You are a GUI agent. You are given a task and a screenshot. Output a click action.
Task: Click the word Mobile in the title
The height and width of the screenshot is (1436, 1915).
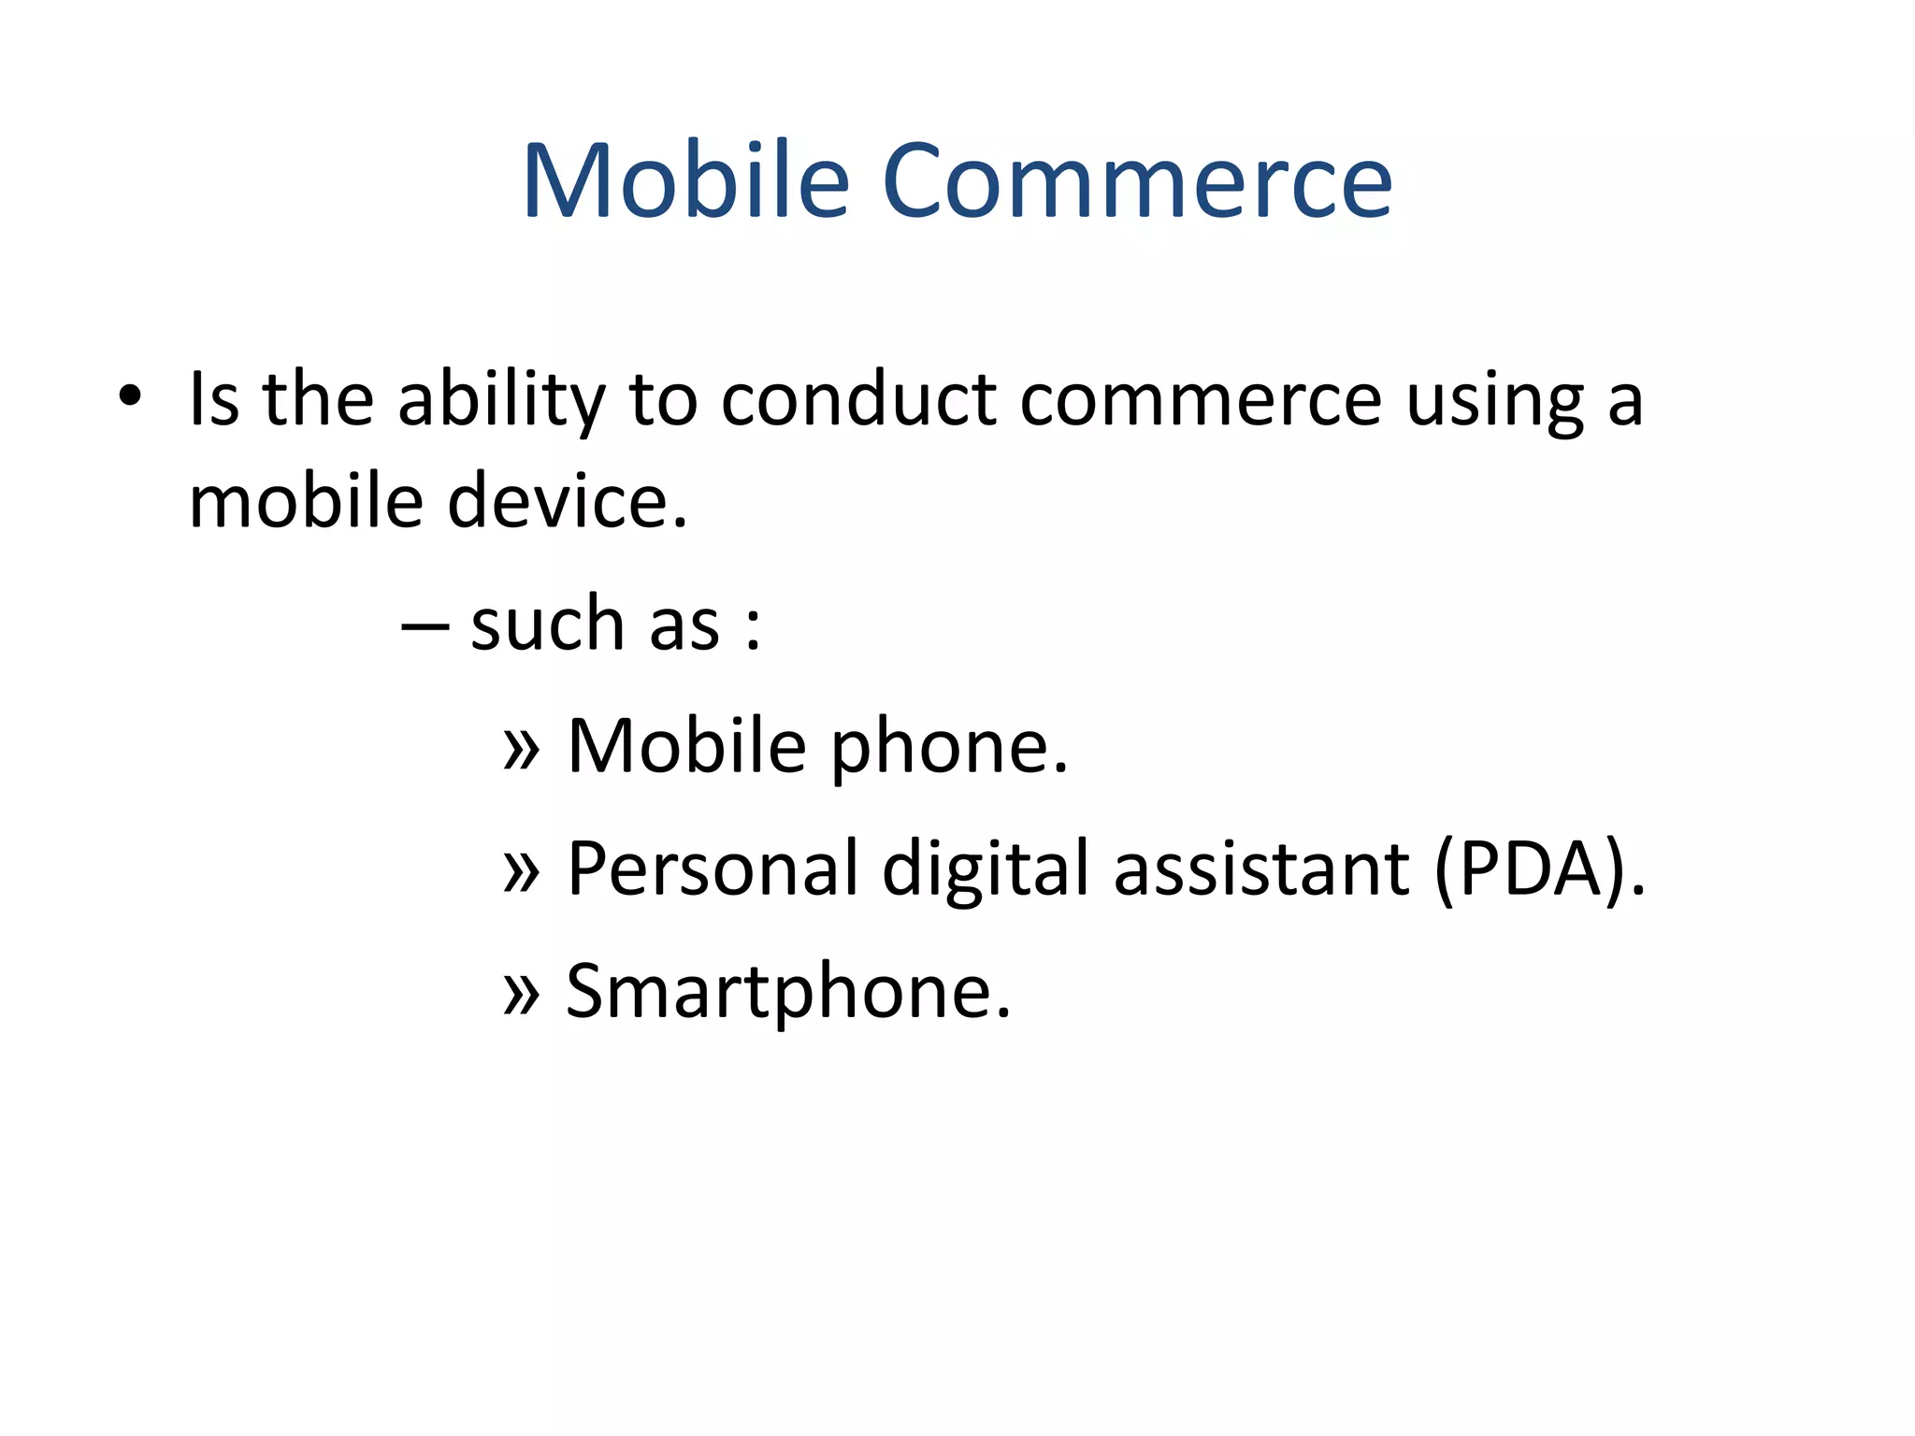(x=685, y=180)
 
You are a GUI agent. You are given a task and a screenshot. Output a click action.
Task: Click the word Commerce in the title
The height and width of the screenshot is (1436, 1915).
(x=1136, y=180)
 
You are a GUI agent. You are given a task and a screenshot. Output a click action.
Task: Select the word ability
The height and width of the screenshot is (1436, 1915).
(x=501, y=400)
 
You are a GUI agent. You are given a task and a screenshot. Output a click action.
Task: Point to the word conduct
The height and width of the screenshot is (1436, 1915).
(x=858, y=400)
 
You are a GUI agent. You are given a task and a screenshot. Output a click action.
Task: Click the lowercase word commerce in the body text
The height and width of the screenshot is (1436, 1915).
(x=1200, y=400)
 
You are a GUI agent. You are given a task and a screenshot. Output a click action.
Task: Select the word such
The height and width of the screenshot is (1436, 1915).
(x=547, y=624)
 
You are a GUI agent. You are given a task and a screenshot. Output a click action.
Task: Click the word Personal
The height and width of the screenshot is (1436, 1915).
(x=712, y=869)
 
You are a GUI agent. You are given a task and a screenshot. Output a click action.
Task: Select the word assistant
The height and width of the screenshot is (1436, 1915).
(x=1261, y=869)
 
